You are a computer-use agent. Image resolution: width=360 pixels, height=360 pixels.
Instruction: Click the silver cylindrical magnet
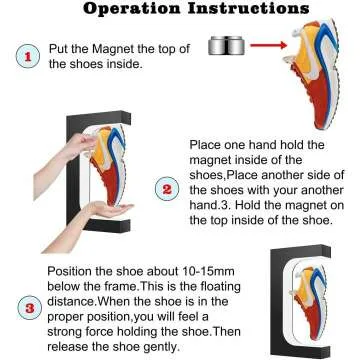click(228, 45)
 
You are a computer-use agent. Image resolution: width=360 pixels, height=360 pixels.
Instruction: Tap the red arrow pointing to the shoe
click(271, 45)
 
